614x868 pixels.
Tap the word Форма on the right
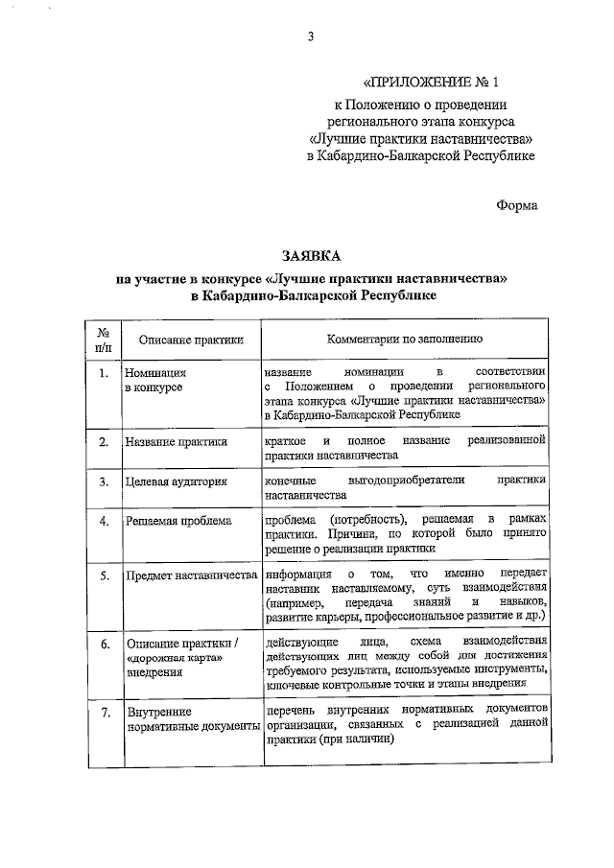[518, 204]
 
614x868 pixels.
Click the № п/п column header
[104, 339]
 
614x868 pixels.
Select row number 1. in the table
[104, 371]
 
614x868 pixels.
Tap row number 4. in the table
[104, 522]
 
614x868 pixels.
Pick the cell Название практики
[176, 442]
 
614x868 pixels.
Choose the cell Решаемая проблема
[177, 522]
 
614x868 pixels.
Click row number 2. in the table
[104, 442]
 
